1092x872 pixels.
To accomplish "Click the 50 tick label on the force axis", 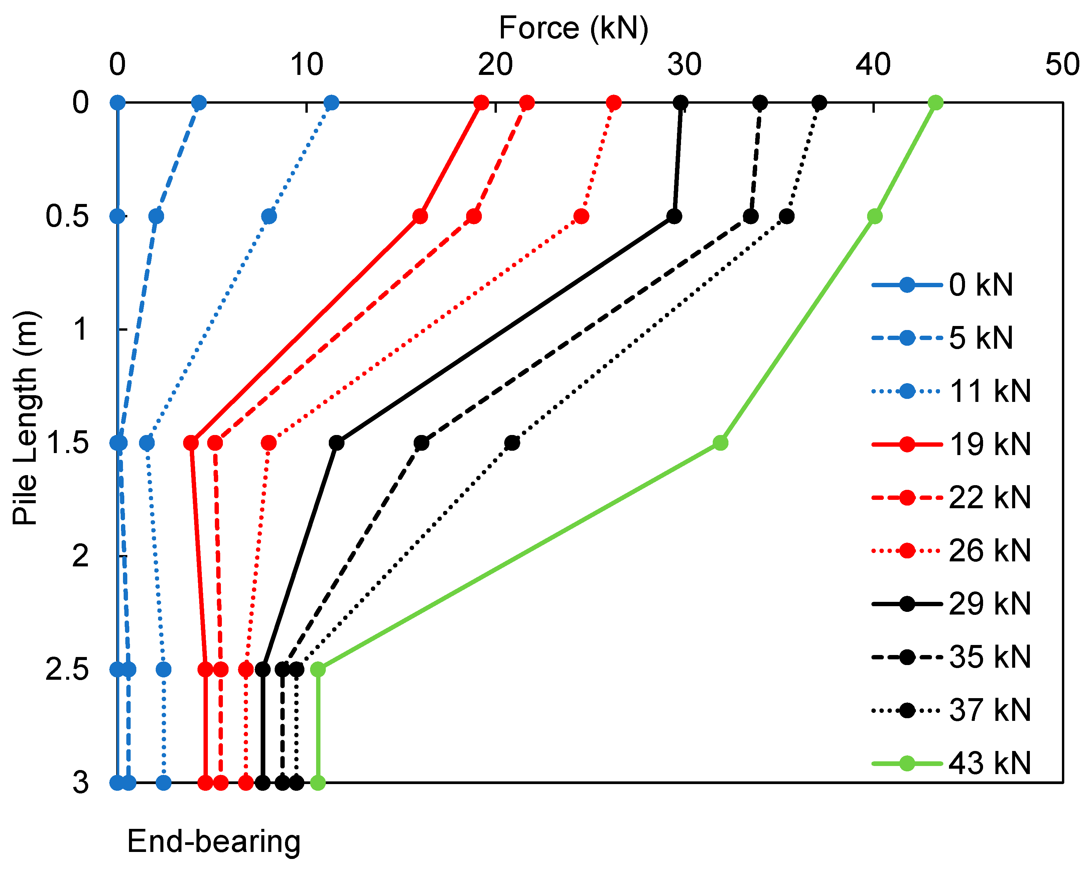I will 1063,65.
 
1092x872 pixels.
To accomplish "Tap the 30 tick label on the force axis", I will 684,65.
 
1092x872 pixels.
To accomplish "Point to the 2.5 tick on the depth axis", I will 67,670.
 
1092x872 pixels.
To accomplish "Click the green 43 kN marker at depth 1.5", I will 720,443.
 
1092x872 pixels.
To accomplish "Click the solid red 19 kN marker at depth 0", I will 481,103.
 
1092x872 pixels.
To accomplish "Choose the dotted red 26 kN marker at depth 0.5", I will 581,216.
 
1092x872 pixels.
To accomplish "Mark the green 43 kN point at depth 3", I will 317,783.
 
